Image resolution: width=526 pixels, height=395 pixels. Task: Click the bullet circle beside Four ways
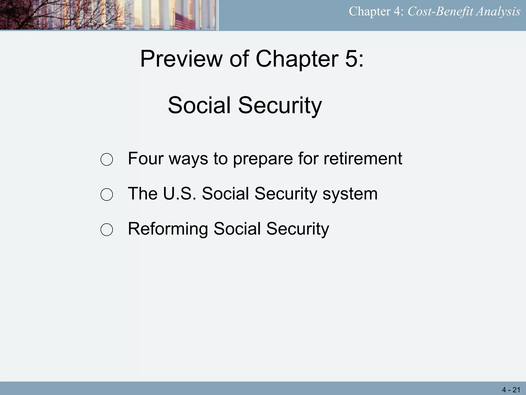[107, 159]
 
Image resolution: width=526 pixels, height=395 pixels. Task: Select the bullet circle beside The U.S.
[107, 194]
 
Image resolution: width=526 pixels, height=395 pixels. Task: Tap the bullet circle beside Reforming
[107, 229]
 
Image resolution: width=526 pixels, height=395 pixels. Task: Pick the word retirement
[363, 158]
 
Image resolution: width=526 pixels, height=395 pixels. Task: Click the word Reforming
[168, 229]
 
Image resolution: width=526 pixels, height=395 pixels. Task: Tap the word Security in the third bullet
[297, 229]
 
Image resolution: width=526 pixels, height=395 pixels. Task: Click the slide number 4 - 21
[511, 390]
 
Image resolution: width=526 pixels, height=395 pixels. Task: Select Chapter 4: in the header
[376, 12]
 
